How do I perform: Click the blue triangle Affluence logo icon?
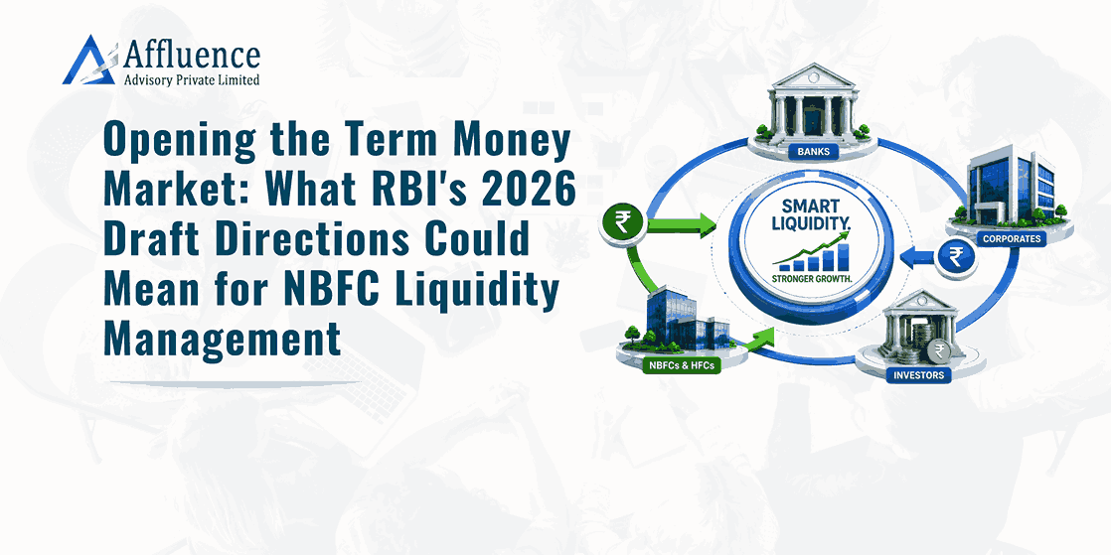click(88, 61)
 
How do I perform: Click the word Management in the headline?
click(223, 340)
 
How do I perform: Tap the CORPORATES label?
click(1012, 238)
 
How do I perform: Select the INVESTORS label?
click(918, 375)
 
